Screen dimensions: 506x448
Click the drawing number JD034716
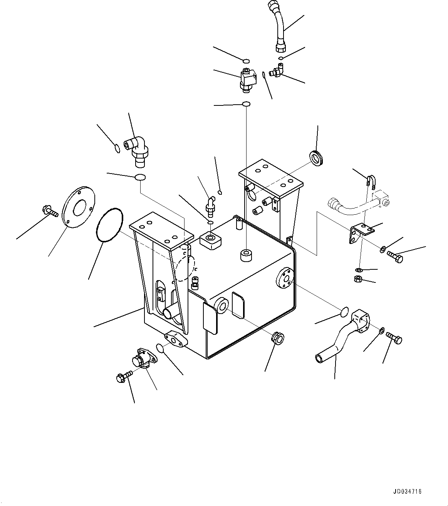point(408,491)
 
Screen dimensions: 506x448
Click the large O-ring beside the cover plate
point(109,225)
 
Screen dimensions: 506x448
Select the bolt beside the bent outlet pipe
point(394,338)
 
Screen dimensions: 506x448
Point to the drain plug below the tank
point(277,337)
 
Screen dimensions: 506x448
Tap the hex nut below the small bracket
point(357,279)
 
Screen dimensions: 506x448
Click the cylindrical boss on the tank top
point(245,256)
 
